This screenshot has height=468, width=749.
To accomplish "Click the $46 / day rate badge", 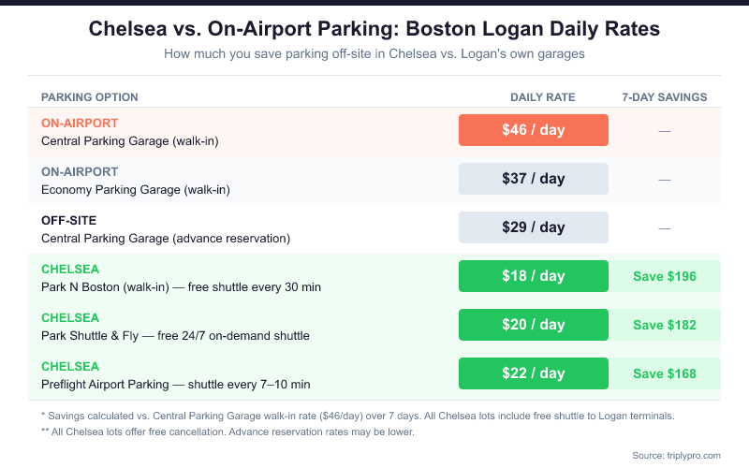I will click(533, 130).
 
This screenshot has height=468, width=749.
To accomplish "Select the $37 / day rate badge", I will click(533, 179).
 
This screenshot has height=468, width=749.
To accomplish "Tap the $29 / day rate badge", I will click(533, 227).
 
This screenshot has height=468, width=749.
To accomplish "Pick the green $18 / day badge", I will click(533, 276).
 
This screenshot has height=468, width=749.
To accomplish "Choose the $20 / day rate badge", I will click(533, 325).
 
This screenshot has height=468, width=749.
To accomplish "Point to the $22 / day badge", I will click(533, 373).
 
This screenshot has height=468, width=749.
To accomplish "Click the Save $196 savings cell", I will click(665, 276).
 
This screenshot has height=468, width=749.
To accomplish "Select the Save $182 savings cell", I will click(665, 325).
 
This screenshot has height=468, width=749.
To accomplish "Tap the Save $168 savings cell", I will click(665, 373).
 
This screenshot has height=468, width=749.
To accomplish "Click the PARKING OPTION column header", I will click(90, 97).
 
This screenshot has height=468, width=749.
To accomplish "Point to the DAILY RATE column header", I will click(543, 97).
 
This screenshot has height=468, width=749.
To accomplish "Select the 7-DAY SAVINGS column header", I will click(665, 97).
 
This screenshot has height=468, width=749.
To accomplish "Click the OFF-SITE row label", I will click(69, 220).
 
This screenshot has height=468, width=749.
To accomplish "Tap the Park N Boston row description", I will click(181, 286).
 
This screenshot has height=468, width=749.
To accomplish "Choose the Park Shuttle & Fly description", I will click(175, 335).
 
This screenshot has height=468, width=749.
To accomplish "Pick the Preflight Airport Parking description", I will click(175, 384).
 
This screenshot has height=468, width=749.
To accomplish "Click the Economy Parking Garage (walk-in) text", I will click(136, 189).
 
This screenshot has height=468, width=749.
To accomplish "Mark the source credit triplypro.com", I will click(676, 455).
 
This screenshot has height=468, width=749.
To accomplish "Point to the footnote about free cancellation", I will click(228, 431).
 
